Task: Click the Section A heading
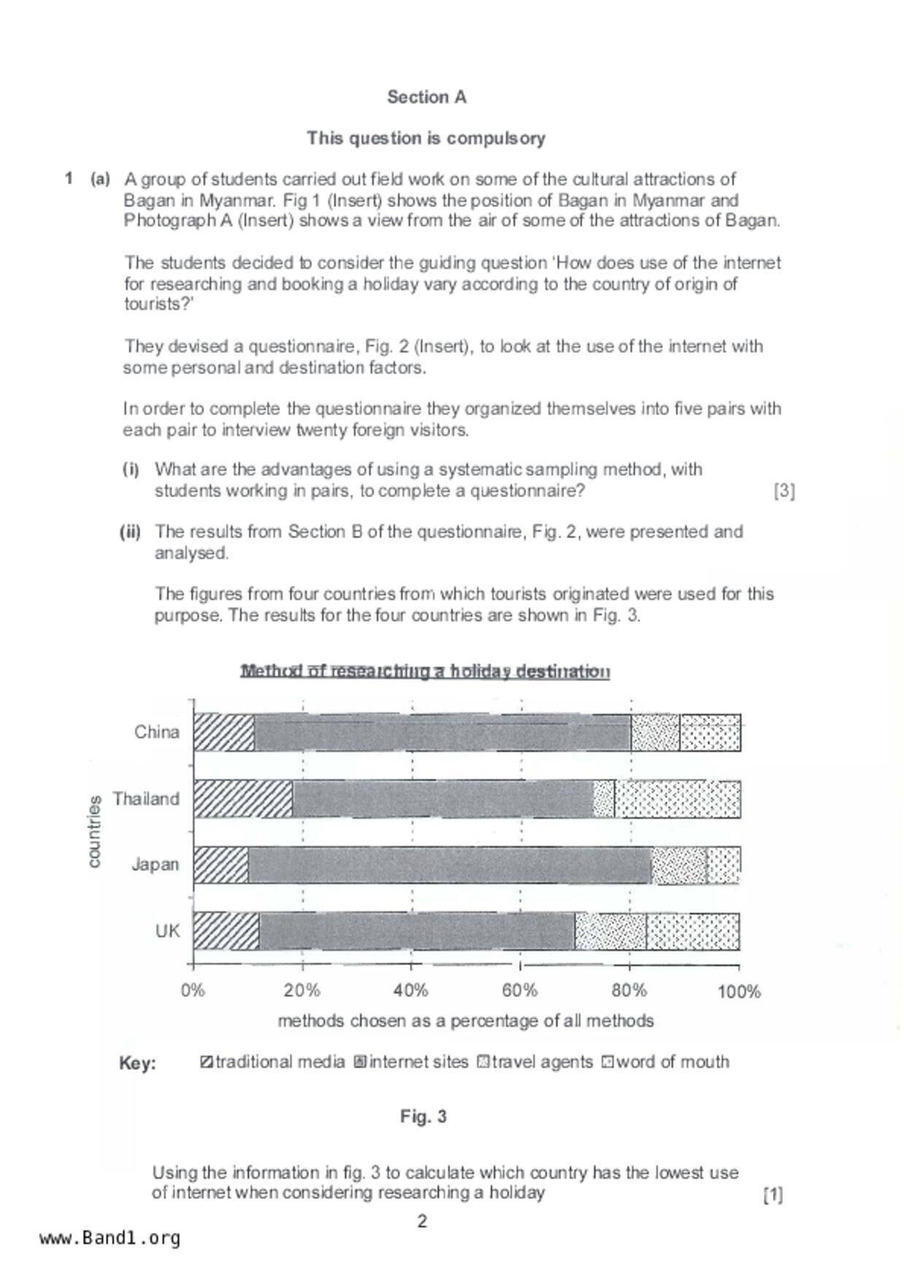(426, 97)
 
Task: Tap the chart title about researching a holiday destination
(425, 671)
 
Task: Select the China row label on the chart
(156, 732)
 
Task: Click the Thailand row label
(146, 798)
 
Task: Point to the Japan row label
(155, 865)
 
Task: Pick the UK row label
(167, 931)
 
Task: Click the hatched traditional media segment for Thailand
(243, 799)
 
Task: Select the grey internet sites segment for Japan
(449, 866)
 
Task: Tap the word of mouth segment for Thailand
(676, 799)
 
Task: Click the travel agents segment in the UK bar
(610, 931)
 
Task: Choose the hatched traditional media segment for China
(224, 733)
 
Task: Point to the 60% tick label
(519, 991)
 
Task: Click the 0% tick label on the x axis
(193, 991)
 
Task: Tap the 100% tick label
(738, 991)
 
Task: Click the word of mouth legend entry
(665, 1062)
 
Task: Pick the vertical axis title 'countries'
(94, 832)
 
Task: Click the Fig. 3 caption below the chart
(423, 1116)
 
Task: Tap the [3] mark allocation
(784, 491)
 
